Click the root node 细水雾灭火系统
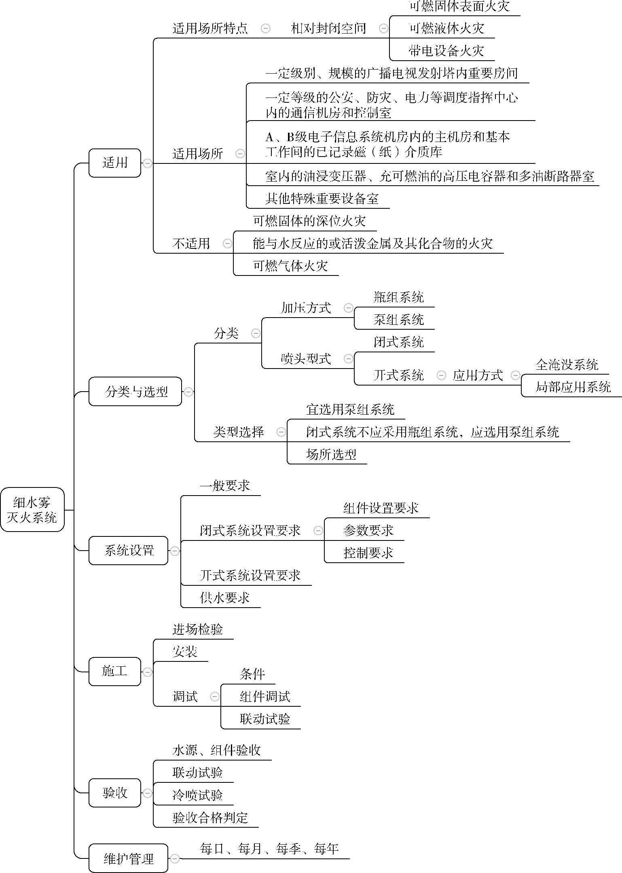[32, 509]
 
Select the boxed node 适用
[115, 163]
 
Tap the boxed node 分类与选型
[135, 391]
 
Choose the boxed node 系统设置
[129, 550]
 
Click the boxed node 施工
[115, 671]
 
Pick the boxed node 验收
[115, 792]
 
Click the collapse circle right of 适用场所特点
[266, 28]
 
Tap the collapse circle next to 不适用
[228, 243]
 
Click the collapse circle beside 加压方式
[348, 308]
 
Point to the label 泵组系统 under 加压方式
[398, 320]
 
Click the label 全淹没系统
[567, 364]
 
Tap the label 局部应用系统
[573, 387]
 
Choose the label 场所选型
[331, 454]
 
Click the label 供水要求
[224, 598]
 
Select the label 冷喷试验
[197, 795]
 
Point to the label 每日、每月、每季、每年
[269, 848]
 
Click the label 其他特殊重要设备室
[322, 198]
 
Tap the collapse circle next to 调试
[215, 696]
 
